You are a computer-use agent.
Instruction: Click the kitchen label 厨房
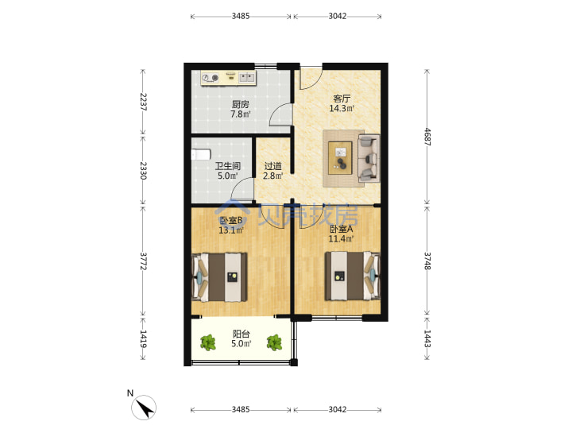241,104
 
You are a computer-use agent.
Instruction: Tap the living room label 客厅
342,99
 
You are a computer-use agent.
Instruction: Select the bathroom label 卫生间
228,166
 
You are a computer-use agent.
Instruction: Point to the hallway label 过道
272,166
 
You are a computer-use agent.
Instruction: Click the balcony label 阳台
242,334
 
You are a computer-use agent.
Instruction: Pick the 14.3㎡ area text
342,108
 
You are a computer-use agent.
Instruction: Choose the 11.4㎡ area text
341,239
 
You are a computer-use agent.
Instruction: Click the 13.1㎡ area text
231,230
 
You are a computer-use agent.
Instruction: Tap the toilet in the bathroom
201,154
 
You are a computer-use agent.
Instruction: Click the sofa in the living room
369,158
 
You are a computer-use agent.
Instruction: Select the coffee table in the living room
340,158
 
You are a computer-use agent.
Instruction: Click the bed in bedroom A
353,276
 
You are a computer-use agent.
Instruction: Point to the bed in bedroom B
219,277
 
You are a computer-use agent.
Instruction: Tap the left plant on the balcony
208,343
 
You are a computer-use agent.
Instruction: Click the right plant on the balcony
274,343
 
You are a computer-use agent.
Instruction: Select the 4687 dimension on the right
427,137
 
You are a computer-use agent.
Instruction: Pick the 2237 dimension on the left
143,102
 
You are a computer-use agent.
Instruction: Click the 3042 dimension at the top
338,16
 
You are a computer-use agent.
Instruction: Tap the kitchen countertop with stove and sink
229,78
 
